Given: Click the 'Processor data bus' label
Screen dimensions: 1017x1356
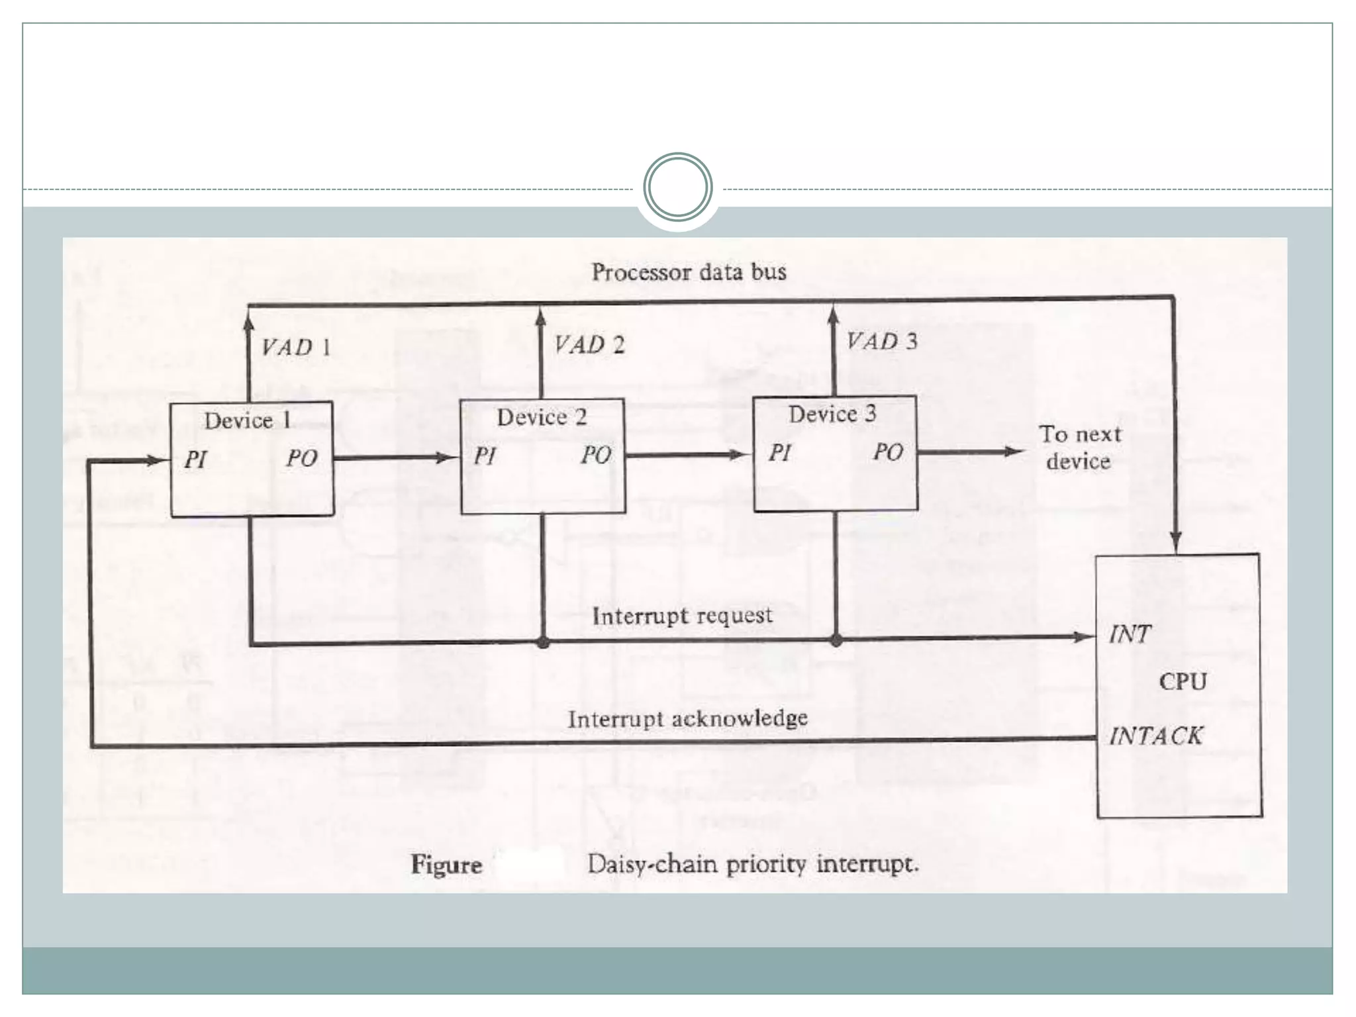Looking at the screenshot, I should coord(689,272).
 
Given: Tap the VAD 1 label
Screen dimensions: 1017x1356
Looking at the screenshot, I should coord(295,347).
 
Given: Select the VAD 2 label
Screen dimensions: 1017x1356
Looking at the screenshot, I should coord(589,344).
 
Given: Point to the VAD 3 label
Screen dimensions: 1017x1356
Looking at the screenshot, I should coord(882,342).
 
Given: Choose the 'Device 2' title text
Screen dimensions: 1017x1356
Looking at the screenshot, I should coord(542,417).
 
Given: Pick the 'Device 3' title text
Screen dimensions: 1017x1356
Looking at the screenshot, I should coord(832,414).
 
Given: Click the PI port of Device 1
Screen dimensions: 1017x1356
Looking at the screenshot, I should coord(195,459).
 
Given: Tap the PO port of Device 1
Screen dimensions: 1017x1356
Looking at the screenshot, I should coord(301,458).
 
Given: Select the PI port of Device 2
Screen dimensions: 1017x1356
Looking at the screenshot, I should coord(485,456).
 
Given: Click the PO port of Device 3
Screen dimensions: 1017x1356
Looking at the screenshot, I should coord(887,452).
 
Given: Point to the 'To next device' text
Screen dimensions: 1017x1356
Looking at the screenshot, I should coord(1079,448).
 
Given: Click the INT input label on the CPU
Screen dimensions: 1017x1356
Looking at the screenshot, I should coord(1130,634).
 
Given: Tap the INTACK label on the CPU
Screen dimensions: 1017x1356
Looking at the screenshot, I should coord(1155,736).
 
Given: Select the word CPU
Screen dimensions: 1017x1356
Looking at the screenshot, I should coord(1183,681).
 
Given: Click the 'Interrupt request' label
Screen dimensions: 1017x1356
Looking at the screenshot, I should coord(682,616).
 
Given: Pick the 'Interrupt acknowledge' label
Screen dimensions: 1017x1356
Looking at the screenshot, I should coord(687,718).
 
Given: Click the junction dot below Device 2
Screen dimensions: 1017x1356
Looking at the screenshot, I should coord(543,642).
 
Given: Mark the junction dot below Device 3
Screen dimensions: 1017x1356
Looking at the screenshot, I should coord(836,640).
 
